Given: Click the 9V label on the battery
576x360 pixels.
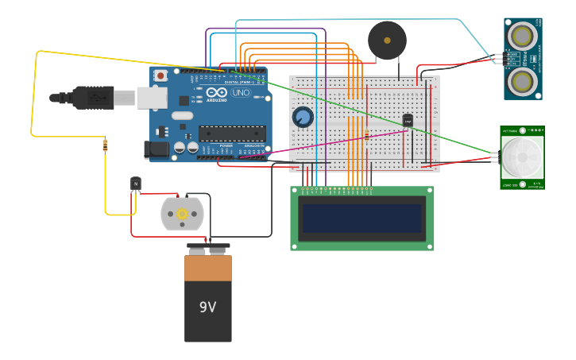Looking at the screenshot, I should tap(207, 307).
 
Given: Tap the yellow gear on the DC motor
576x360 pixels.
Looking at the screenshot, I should tap(182, 214).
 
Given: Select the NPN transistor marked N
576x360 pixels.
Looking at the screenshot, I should tap(136, 184).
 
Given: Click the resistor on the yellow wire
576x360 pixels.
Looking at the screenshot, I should tap(106, 145).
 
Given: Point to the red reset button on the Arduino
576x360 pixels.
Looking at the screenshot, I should tap(160, 75).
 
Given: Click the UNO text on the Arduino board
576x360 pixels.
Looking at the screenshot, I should tap(241, 93).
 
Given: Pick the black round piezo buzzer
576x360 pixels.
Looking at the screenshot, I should tap(387, 40).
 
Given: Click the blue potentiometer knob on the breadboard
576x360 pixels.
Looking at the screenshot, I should tap(303, 118).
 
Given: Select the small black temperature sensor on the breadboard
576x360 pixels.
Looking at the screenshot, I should tap(408, 120).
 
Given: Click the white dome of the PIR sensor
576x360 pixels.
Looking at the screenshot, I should tap(522, 157).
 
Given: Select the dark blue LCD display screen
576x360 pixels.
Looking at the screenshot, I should tap(362, 218).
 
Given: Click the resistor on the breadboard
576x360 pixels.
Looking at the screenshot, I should tap(366, 136).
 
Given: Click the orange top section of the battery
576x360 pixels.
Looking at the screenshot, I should tap(208, 268).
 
